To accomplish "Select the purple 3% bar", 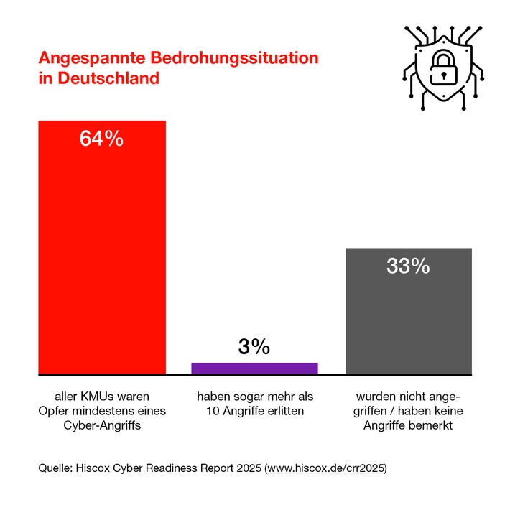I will click(x=254, y=368).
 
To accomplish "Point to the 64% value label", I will click(x=102, y=139).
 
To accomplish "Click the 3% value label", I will click(x=254, y=347).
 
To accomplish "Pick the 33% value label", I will click(x=408, y=266).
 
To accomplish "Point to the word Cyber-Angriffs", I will click(x=102, y=425).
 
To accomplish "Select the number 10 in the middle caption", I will click(x=212, y=411).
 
